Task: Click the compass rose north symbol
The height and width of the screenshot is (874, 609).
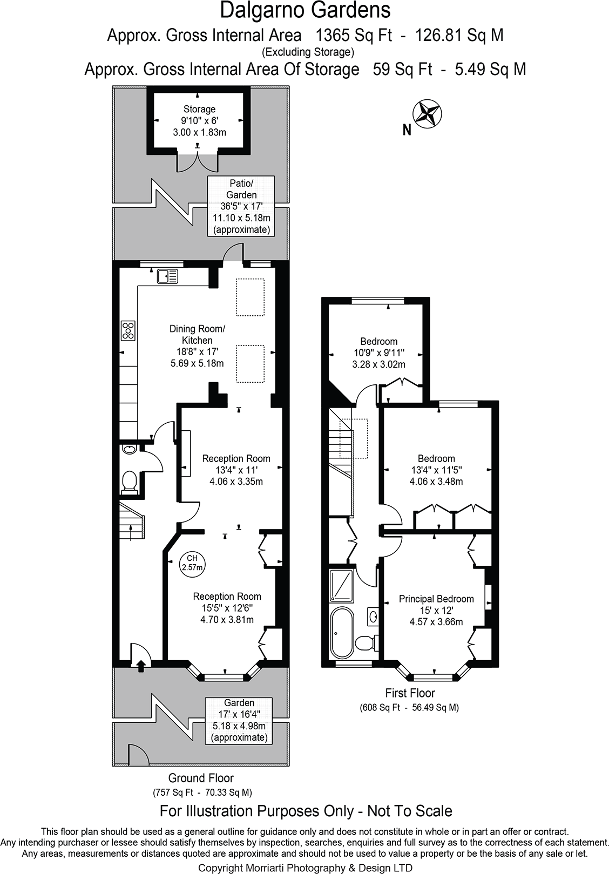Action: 427,114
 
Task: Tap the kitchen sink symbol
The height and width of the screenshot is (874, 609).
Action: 167,276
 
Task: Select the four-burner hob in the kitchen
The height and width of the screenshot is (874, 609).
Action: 128,330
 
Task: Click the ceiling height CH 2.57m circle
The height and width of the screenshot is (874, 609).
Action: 192,564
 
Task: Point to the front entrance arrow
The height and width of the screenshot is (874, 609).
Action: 141,666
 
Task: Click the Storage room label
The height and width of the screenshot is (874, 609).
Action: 199,109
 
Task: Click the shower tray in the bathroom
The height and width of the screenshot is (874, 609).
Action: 341,585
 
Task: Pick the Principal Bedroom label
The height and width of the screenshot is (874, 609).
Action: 436,599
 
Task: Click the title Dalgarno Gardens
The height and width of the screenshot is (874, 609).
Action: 305,11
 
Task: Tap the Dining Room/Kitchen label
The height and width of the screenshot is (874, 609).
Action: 197,334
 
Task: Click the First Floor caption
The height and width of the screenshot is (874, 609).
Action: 410,693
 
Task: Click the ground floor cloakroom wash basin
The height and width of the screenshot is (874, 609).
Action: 128,449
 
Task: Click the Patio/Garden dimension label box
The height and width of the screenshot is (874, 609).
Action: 241,206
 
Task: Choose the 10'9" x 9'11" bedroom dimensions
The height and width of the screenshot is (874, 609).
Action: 379,353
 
